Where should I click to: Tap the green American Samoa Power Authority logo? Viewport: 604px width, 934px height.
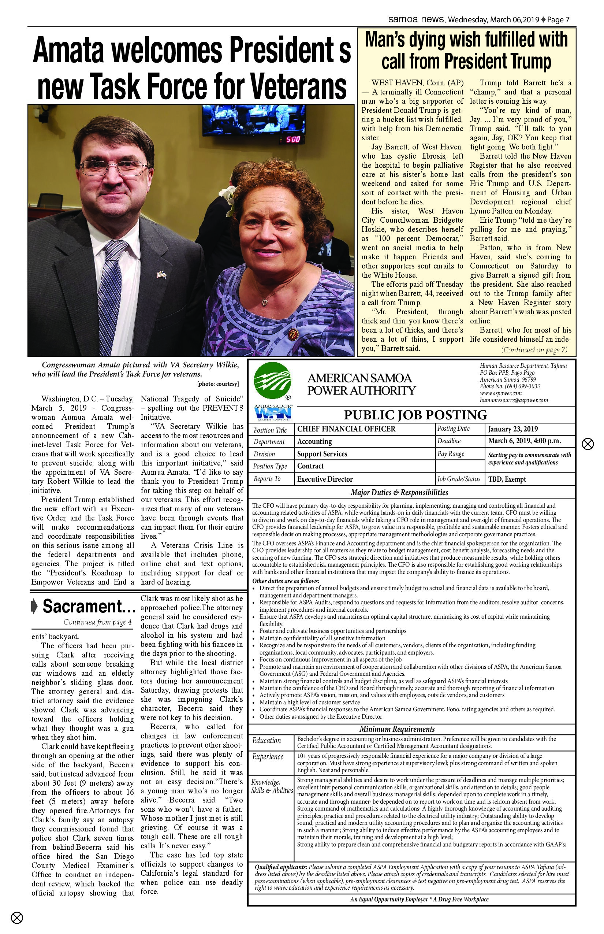(x=272, y=380)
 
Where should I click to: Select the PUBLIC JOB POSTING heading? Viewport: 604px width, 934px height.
(x=415, y=415)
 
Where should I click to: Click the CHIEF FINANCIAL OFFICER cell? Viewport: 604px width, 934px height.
(x=346, y=429)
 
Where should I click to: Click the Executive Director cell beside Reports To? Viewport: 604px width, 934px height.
(x=325, y=479)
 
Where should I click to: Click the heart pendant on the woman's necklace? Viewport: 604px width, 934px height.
(x=265, y=302)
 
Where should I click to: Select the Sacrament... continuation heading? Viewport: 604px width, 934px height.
(x=89, y=606)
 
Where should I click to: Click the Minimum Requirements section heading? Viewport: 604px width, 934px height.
(x=397, y=729)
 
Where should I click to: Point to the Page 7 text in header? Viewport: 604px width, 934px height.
(x=558, y=20)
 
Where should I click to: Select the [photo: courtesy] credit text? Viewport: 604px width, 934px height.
(x=218, y=384)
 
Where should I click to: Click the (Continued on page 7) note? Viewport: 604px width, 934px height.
(x=534, y=350)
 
